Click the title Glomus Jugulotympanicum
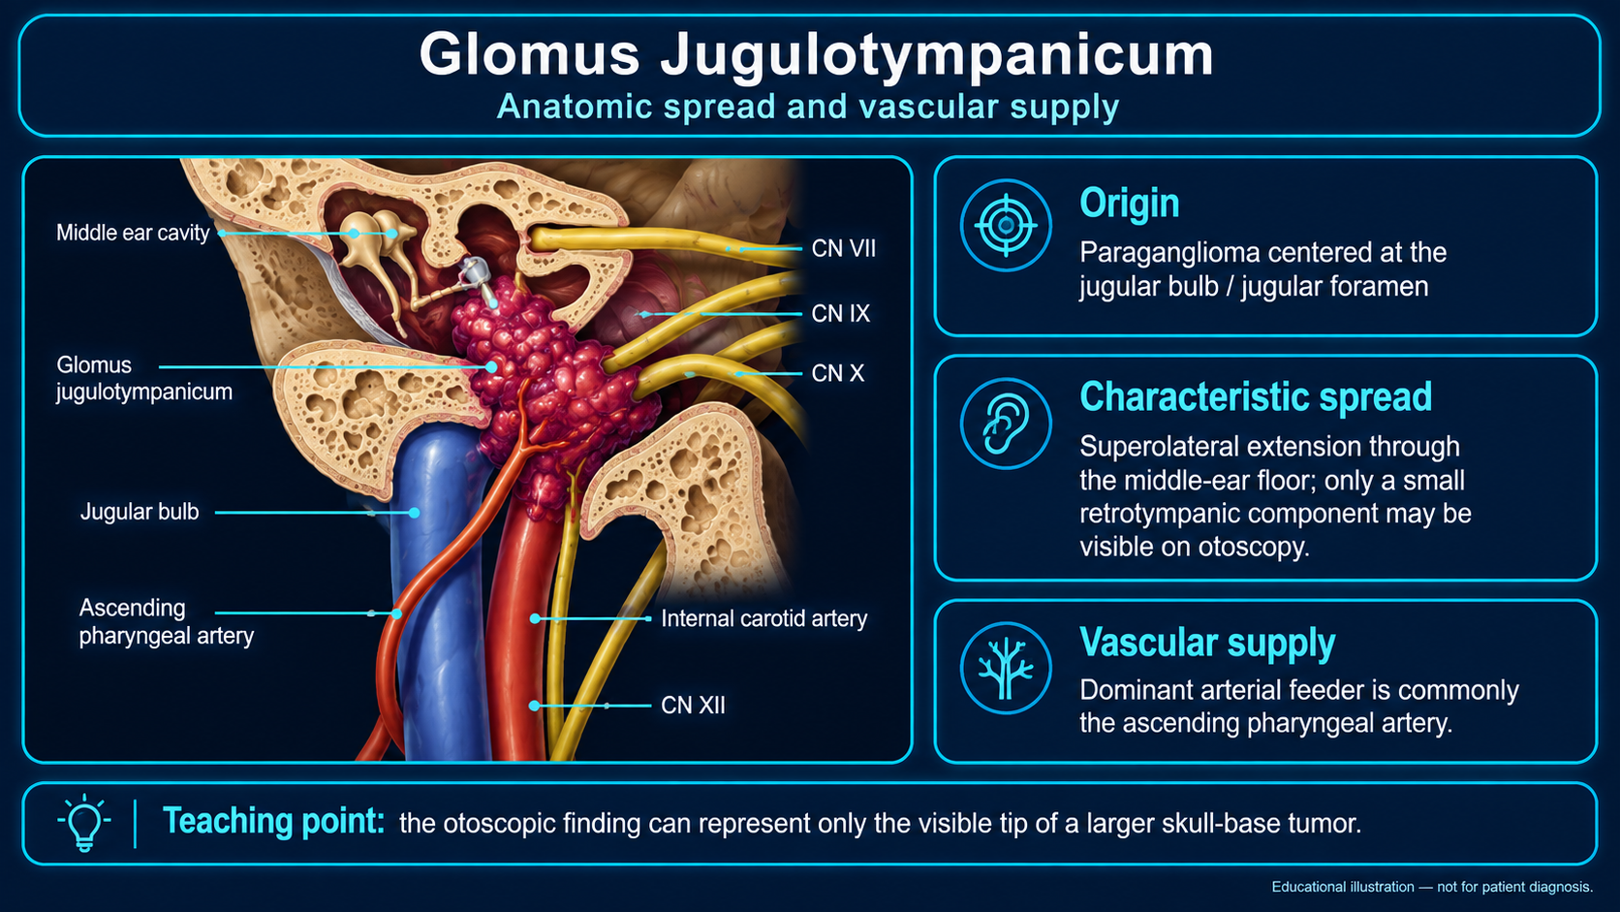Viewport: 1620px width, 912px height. click(816, 55)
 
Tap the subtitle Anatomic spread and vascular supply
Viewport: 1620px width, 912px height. click(808, 107)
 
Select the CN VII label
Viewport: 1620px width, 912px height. click(843, 249)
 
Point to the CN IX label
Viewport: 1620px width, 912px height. click(840, 314)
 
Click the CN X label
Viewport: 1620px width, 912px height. click(837, 373)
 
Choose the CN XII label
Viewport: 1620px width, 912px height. click(693, 706)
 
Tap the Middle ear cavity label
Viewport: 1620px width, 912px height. click(133, 233)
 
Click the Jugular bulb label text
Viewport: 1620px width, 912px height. click(140, 512)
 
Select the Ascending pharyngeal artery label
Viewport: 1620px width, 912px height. click(167, 622)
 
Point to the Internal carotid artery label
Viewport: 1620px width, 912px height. click(763, 619)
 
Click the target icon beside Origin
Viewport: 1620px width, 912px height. click(1006, 226)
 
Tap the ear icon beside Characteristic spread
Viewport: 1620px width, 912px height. click(1006, 424)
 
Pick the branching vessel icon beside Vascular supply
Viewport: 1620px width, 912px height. click(1006, 669)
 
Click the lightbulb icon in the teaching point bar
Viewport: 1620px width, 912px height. click(84, 823)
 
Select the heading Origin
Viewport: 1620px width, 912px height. click(1130, 204)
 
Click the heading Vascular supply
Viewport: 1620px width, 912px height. click(1207, 643)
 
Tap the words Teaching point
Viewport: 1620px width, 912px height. click(273, 822)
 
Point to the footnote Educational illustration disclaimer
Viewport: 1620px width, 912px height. click(1433, 887)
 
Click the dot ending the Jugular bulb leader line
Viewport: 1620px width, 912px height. click(415, 513)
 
